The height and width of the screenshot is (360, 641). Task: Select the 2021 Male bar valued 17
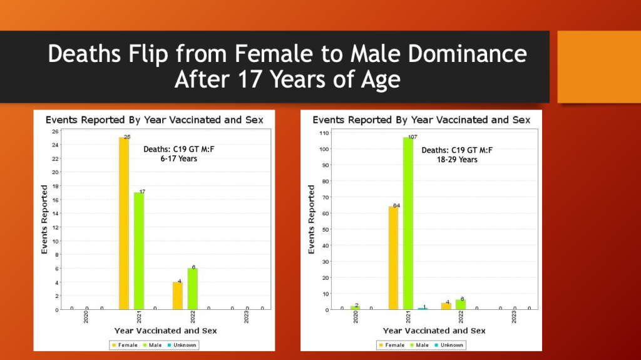138,251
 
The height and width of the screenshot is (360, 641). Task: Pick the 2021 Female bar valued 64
393,257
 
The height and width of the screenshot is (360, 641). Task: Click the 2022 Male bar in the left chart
192,289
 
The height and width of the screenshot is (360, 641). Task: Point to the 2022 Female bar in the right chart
446,306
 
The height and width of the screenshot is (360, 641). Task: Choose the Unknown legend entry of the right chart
449,345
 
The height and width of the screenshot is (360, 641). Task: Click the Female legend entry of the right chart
392,345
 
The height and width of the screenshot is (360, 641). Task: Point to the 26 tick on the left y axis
55,131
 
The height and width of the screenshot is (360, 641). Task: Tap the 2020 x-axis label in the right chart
356,318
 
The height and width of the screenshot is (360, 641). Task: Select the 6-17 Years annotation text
179,159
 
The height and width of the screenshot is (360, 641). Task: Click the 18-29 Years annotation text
456,160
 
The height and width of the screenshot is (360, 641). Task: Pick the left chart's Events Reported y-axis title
44,219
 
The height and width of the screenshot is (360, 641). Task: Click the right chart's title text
421,120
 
